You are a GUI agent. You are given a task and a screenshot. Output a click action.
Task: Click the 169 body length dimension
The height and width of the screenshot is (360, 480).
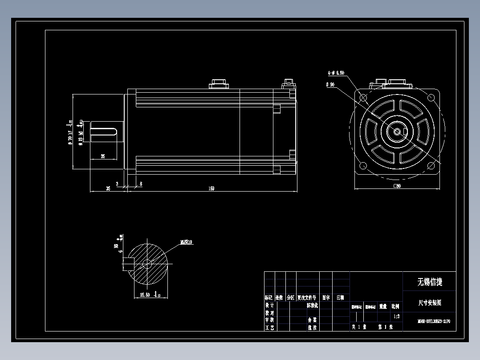(211, 188)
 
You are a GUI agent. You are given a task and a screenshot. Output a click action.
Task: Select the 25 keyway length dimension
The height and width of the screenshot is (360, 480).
(103, 156)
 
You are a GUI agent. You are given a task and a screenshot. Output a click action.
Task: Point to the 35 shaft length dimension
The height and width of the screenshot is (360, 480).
(108, 188)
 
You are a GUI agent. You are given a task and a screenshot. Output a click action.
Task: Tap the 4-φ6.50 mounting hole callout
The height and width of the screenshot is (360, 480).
(336, 73)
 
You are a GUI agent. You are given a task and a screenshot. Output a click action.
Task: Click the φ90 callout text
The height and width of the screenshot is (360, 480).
(330, 84)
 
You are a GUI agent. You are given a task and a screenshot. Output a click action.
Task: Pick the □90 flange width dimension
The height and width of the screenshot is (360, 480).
(397, 186)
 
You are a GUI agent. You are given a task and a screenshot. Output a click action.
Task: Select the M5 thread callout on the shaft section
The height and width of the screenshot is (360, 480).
(186, 242)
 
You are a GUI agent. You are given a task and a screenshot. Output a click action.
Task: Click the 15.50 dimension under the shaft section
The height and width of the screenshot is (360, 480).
(145, 295)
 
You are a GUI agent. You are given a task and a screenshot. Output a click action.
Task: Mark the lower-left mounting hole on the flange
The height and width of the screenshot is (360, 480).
(363, 166)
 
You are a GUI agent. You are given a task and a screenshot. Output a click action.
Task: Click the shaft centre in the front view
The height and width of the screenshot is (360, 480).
(397, 131)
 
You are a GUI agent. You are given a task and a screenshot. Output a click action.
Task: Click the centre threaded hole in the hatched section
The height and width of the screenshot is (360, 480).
(146, 264)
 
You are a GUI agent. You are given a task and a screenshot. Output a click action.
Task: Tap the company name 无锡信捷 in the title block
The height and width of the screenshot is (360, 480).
(429, 282)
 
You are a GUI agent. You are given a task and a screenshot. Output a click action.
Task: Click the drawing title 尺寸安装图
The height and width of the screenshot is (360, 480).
(429, 303)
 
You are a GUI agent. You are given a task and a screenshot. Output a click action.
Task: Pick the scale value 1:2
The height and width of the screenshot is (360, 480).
(396, 316)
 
